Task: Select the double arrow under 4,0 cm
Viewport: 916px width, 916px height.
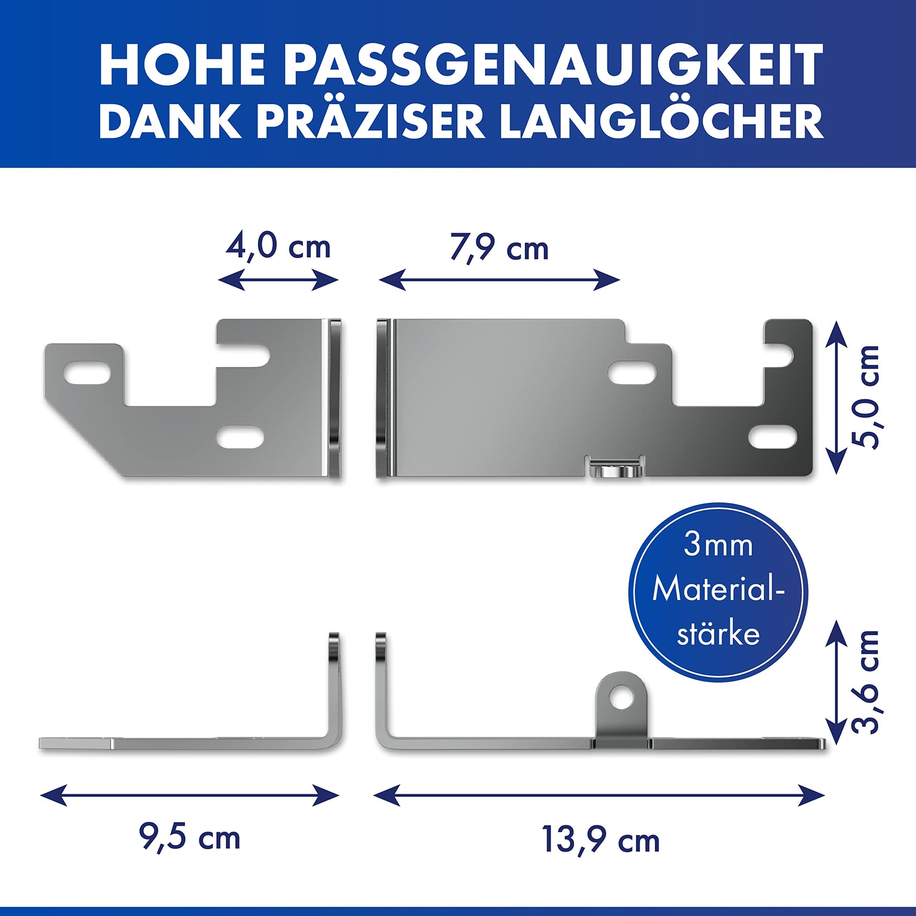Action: click(278, 280)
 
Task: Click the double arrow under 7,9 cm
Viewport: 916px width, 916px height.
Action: click(499, 280)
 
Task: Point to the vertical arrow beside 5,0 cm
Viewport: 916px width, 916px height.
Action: click(838, 396)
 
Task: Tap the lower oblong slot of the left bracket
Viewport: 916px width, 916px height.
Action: click(241, 436)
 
